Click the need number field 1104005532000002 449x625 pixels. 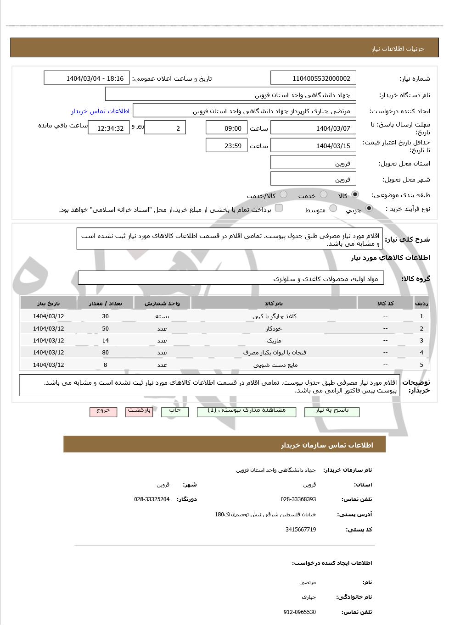pyautogui.click(x=314, y=78)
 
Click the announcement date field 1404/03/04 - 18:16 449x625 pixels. pyautogui.click(x=87, y=78)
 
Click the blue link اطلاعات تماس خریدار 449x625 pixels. pyautogui.click(x=100, y=111)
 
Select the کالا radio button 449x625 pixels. pyautogui.click(x=355, y=195)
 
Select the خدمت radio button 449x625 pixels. pyautogui.click(x=324, y=195)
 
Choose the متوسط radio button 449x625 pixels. pyautogui.click(x=333, y=209)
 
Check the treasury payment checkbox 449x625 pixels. pyautogui.click(x=279, y=208)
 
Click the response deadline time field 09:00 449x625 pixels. pyautogui.click(x=226, y=128)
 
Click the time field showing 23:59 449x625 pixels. pyautogui.click(x=226, y=146)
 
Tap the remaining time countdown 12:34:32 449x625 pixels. pyautogui.click(x=109, y=128)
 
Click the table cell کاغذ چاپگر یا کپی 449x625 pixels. pyautogui.click(x=275, y=316)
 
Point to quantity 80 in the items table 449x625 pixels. pyautogui.click(x=105, y=353)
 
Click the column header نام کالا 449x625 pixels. pyautogui.click(x=274, y=304)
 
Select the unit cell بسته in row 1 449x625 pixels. pyautogui.click(x=162, y=316)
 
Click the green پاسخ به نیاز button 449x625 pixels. pyautogui.click(x=332, y=411)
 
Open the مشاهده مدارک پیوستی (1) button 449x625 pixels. pyautogui.click(x=247, y=411)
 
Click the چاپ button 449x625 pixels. pyautogui.click(x=175, y=411)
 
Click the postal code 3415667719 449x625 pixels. pyautogui.click(x=300, y=530)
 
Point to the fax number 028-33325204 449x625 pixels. pyautogui.click(x=152, y=499)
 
